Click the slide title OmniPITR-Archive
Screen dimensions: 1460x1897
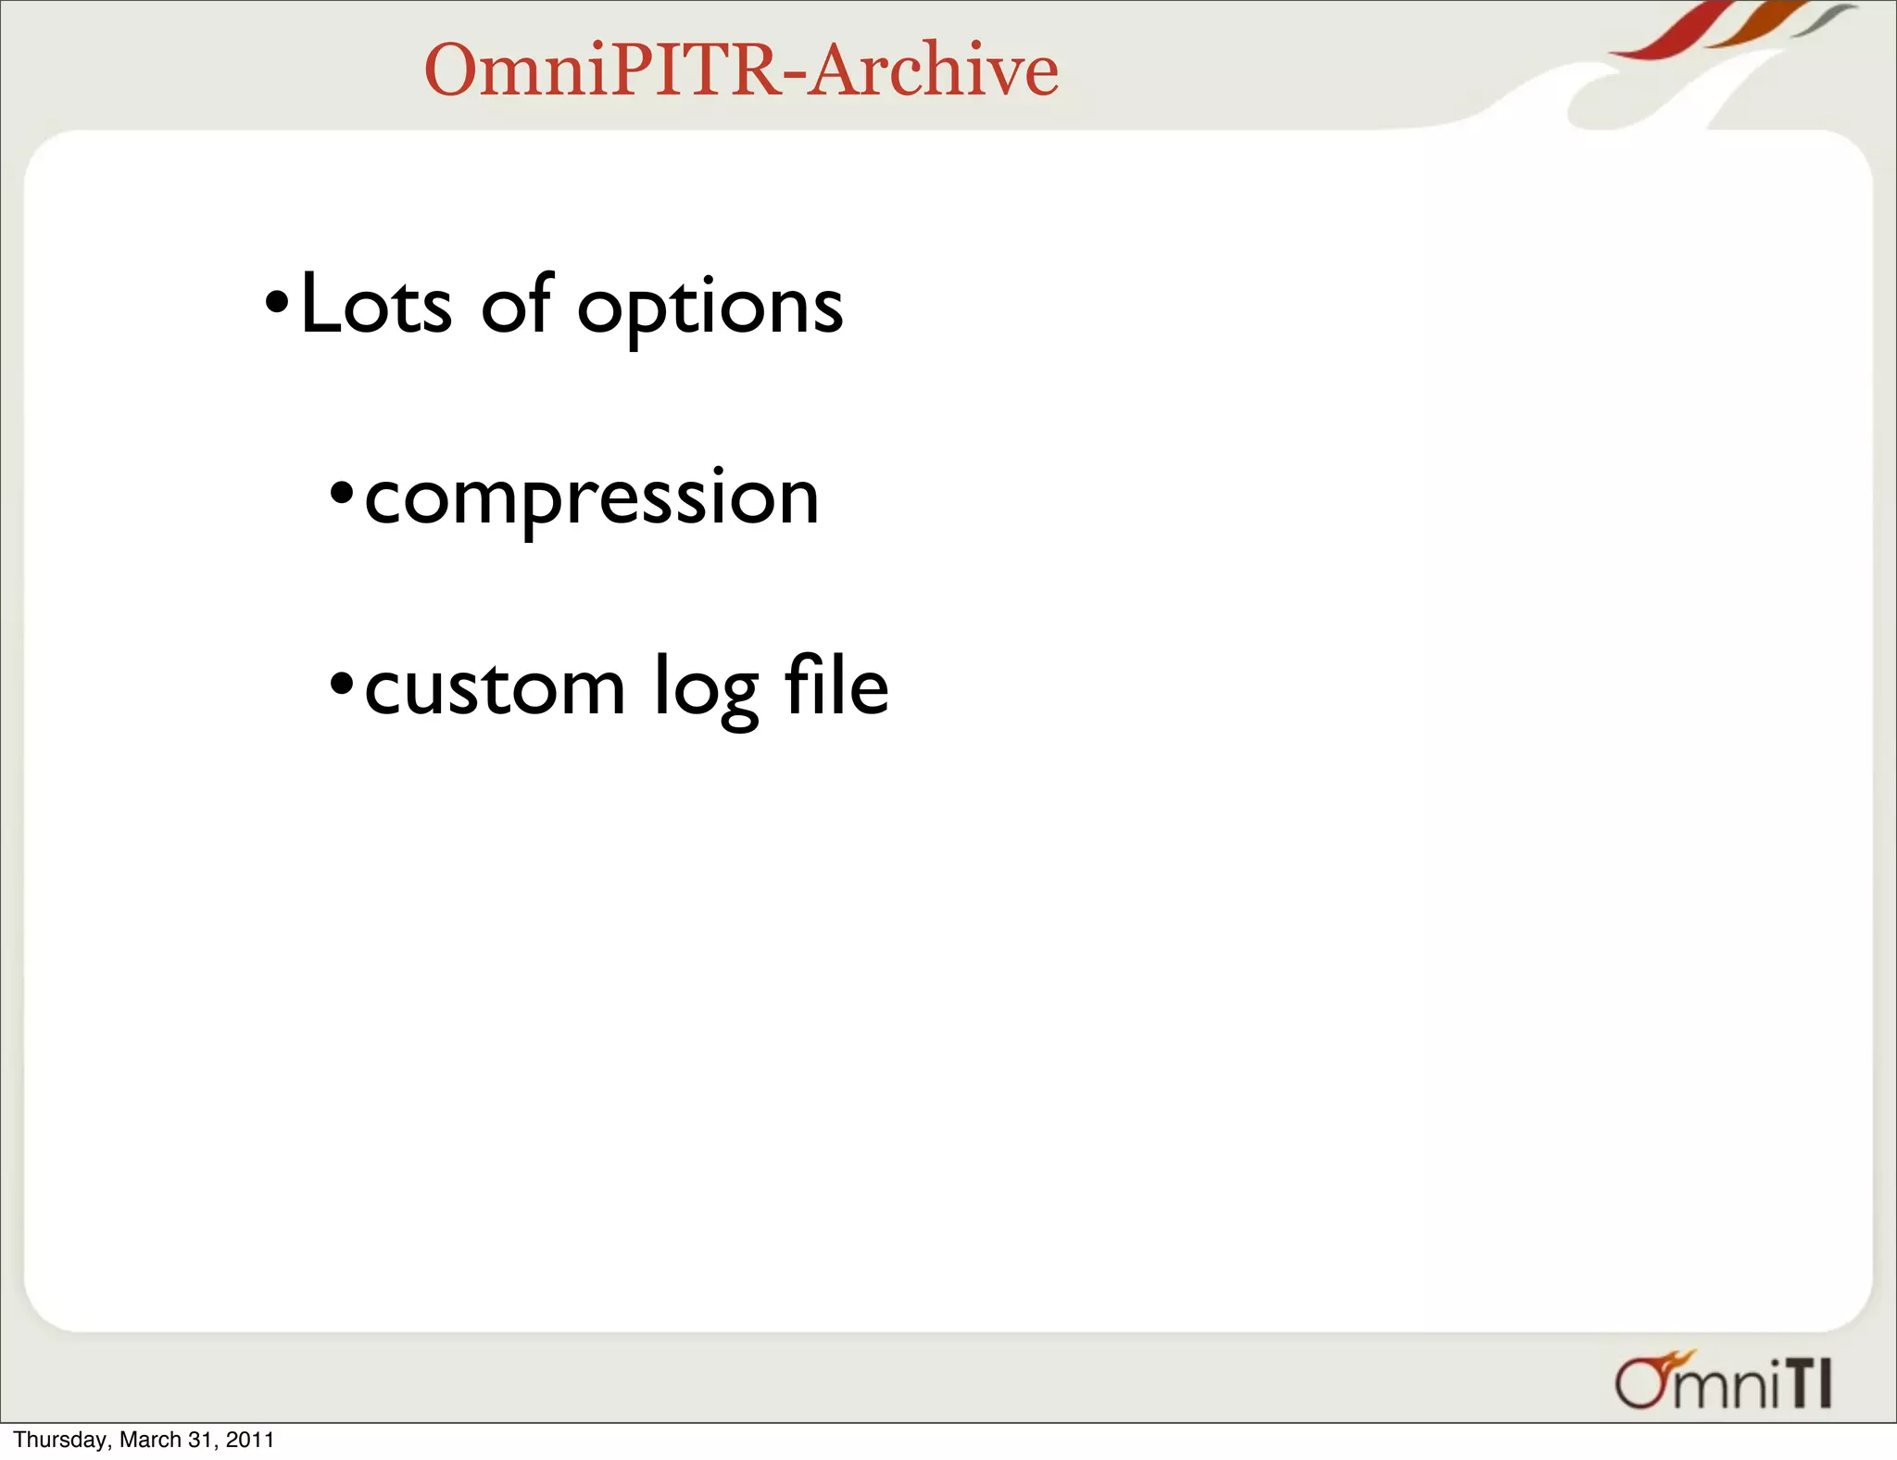pyautogui.click(x=741, y=69)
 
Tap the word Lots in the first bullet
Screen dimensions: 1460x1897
pyautogui.click(x=376, y=305)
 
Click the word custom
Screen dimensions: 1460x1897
pyautogui.click(x=495, y=688)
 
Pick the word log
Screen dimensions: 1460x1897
pyautogui.click(x=706, y=690)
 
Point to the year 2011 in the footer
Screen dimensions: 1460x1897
pyautogui.click(x=250, y=1440)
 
